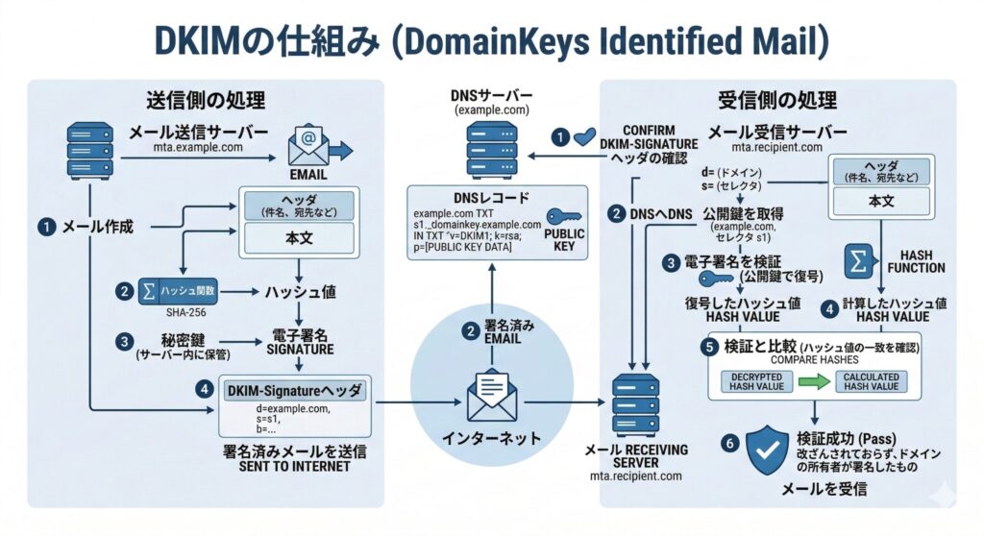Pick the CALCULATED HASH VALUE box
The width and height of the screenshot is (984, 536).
tap(871, 381)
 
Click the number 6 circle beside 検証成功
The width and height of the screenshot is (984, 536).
tap(729, 444)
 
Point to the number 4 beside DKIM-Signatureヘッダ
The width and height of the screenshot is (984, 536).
tap(203, 390)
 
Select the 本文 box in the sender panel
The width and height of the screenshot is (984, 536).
tap(304, 236)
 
